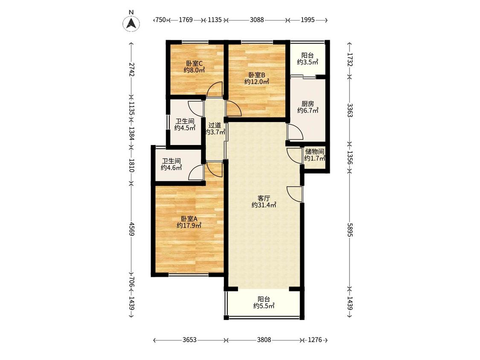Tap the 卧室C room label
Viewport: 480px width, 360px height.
[194, 64]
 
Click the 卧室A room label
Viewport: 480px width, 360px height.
[189, 219]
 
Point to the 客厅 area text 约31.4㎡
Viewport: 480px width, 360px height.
[264, 205]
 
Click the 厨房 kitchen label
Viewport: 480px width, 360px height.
[308, 104]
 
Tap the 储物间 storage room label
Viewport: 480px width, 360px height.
[315, 152]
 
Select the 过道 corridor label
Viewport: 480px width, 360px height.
[215, 125]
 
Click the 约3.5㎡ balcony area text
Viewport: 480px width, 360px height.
[308, 62]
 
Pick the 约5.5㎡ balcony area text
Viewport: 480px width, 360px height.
[264, 306]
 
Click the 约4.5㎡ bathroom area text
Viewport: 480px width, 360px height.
[185, 128]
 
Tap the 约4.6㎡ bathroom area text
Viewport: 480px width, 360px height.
[172, 168]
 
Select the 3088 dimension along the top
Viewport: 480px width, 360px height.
[256, 20]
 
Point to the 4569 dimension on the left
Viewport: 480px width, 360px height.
[131, 229]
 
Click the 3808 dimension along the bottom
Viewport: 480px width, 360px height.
[264, 340]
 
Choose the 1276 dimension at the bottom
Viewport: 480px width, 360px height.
[315, 340]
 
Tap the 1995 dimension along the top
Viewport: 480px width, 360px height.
[308, 20]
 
